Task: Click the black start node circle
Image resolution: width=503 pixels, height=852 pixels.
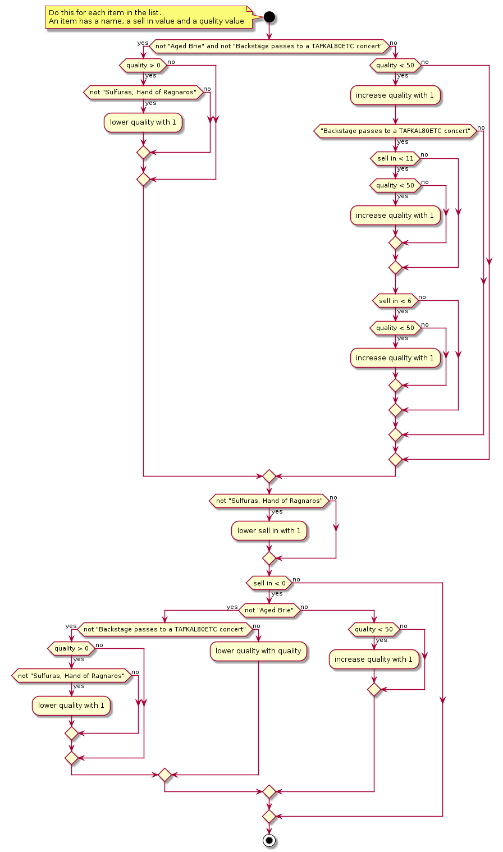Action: [269, 17]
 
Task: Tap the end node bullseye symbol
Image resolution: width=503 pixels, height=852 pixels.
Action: [269, 840]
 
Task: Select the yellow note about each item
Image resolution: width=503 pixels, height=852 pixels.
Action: [147, 17]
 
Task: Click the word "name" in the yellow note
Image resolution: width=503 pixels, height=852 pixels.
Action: [110, 21]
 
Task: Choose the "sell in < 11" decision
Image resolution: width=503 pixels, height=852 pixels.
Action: [395, 158]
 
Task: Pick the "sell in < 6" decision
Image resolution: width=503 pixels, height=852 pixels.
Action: [395, 301]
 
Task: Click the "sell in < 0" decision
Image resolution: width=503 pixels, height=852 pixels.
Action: [269, 583]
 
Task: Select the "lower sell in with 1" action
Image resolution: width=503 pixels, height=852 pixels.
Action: [269, 530]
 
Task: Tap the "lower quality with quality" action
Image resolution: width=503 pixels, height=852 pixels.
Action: [258, 651]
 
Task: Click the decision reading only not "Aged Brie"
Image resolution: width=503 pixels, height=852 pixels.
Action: [269, 610]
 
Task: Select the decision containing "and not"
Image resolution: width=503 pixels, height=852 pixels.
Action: [269, 46]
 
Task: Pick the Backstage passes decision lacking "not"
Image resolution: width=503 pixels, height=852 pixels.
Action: [395, 131]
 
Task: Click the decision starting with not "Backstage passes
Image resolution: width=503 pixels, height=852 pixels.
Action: [164, 629]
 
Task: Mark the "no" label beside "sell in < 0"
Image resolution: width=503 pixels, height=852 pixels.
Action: [296, 579]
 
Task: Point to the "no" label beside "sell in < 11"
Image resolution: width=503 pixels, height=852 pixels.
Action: [424, 154]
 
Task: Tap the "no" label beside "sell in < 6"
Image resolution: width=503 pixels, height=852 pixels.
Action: [422, 297]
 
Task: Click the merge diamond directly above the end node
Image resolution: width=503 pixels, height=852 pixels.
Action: [269, 816]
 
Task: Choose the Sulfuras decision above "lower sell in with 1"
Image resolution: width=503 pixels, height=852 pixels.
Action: [269, 501]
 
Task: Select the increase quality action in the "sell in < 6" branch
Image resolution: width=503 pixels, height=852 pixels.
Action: [395, 358]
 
